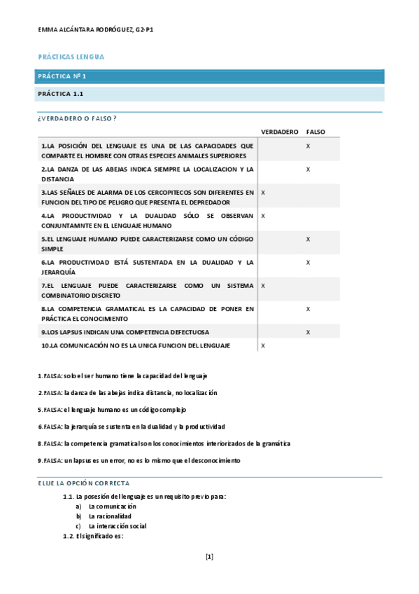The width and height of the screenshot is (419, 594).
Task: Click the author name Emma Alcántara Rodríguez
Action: pyautogui.click(x=96, y=31)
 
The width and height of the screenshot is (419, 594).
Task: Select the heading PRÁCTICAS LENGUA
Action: pyautogui.click(x=71, y=56)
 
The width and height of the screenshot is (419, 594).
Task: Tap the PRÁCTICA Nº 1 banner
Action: pyautogui.click(x=62, y=76)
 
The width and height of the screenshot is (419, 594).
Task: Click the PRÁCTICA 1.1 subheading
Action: pyautogui.click(x=62, y=93)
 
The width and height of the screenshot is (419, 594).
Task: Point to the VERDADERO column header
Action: pyautogui.click(x=280, y=131)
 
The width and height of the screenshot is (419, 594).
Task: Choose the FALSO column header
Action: pyautogui.click(x=315, y=131)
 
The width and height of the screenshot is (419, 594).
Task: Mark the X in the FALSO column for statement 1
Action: pyautogui.click(x=308, y=146)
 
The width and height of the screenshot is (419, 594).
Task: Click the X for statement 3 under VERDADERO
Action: pyautogui.click(x=262, y=192)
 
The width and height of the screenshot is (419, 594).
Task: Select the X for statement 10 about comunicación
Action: pyautogui.click(x=262, y=345)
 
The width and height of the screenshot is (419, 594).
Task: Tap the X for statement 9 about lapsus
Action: pyautogui.click(x=308, y=332)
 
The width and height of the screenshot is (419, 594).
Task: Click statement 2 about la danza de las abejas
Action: pyautogui.click(x=147, y=174)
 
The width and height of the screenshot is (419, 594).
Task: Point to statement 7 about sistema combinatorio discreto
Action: pyautogui.click(x=147, y=290)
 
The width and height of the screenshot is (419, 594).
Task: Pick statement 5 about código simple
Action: pyautogui.click(x=147, y=243)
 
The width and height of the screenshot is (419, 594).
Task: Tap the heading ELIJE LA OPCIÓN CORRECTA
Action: pyautogui.click(x=83, y=483)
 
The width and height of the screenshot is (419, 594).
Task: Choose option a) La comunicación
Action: pyautogui.click(x=112, y=506)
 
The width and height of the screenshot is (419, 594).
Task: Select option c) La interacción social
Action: pyautogui.click(x=117, y=525)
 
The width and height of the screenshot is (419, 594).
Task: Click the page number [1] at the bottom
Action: pyautogui.click(x=209, y=557)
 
